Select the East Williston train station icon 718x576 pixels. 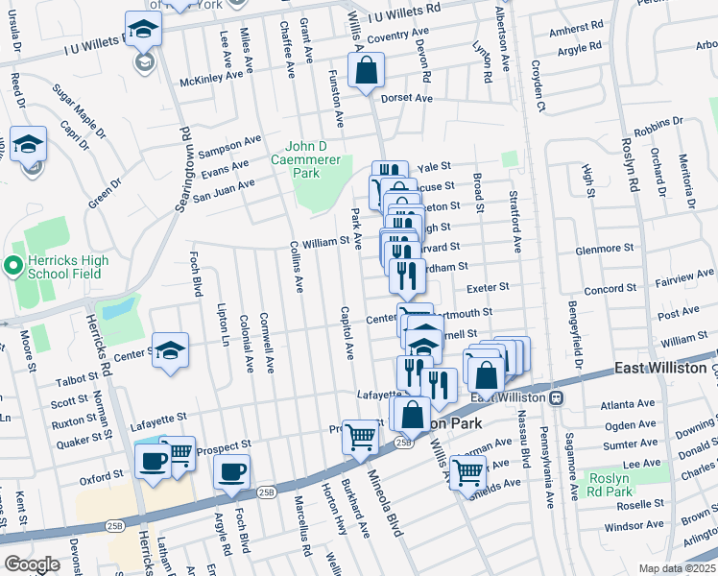[557, 397]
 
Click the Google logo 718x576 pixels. [31, 564]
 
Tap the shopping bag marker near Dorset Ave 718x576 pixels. [366, 71]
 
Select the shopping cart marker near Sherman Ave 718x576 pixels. [467, 471]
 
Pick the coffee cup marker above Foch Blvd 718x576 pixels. [231, 472]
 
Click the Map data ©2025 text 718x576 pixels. [677, 568]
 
